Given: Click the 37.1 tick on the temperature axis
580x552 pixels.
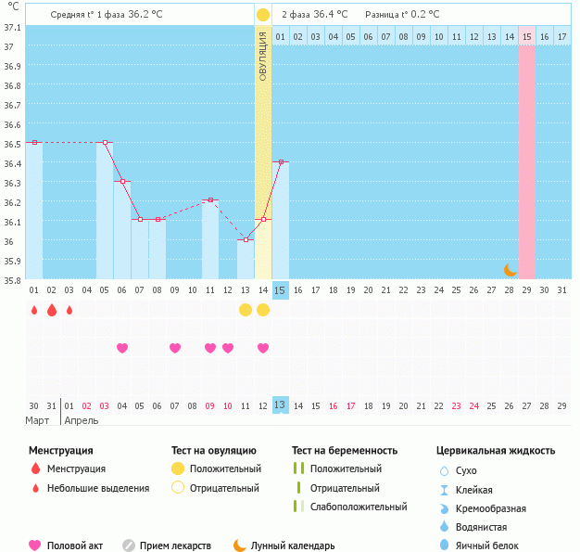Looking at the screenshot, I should point(11,28).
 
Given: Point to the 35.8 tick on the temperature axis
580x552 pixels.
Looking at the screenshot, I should point(11,280).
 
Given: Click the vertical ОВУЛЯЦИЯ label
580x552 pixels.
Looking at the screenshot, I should point(263,56).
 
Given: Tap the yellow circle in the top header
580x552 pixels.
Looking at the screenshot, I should point(263,15).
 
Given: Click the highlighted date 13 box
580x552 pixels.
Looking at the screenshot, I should point(281,405).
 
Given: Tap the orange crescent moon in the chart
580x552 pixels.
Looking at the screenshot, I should point(511,269).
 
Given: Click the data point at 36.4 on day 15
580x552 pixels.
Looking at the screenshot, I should point(281,162).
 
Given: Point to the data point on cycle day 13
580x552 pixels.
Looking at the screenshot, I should point(246,239).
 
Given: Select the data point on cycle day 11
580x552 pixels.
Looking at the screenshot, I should point(210,199).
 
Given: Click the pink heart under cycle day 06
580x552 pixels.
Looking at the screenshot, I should point(122,348).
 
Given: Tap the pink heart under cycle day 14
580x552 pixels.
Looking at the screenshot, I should point(263,348).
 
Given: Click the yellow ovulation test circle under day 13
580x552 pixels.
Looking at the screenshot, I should point(246,309).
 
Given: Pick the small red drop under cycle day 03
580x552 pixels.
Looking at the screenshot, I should point(69,310).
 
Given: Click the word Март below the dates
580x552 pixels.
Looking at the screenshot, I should point(37,420).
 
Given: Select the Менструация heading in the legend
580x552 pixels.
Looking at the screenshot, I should point(60,451).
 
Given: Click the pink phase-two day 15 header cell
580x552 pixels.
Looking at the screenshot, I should point(526,36).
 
